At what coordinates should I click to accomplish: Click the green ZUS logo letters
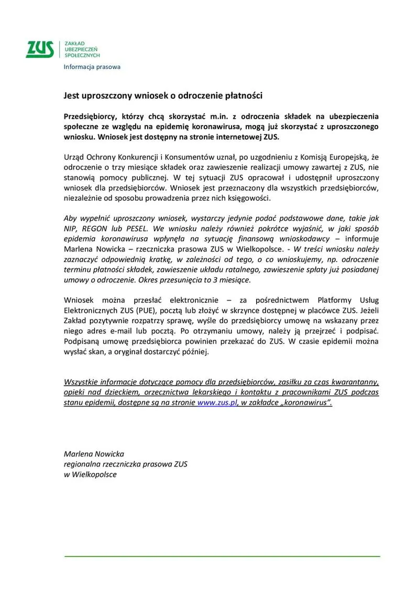point(40,49)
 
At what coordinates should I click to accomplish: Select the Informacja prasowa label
point(92,67)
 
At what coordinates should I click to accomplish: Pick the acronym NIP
point(71,229)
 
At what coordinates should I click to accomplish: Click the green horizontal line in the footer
point(222,556)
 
